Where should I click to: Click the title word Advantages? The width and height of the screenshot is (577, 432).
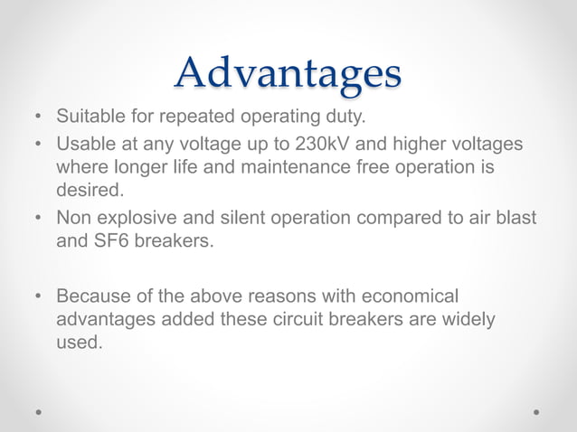pos(288,72)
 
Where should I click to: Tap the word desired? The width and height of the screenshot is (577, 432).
pos(88,191)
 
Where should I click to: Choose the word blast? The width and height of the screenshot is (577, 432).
pos(516,218)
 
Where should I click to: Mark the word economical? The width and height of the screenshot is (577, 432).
pos(399,296)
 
